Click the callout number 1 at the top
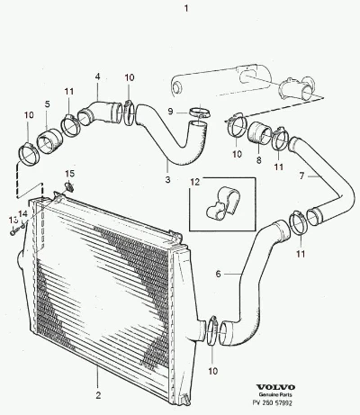click(186, 8)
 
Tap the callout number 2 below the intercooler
click(98, 395)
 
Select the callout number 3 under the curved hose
click(167, 179)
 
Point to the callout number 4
click(98, 77)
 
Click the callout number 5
click(48, 104)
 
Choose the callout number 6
click(218, 274)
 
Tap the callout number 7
click(301, 176)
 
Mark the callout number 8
click(259, 160)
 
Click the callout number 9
click(170, 112)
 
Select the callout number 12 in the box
click(195, 182)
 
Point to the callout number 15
click(70, 174)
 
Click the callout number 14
click(23, 213)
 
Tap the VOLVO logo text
click(275, 387)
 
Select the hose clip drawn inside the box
click(223, 203)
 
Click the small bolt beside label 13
click(14, 231)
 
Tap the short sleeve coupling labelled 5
click(49, 141)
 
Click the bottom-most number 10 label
click(212, 371)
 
